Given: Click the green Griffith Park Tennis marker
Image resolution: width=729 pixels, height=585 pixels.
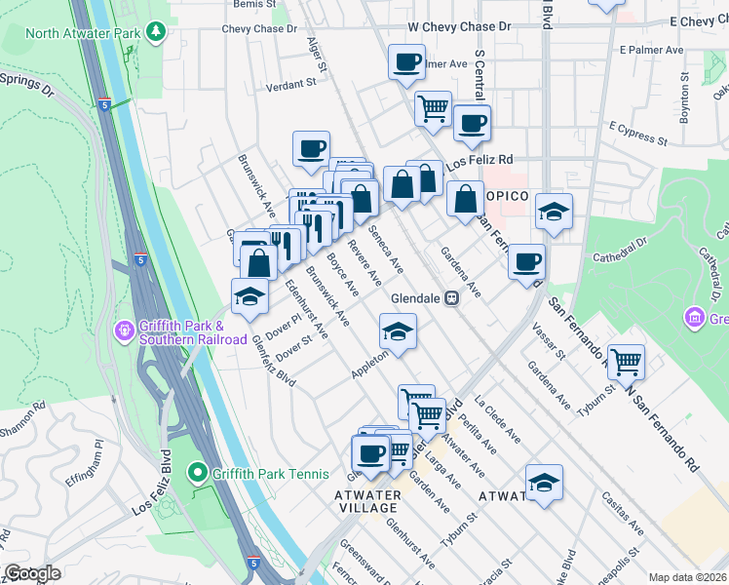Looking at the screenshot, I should [x=197, y=475].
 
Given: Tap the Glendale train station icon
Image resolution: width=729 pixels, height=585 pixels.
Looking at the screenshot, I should [x=452, y=298].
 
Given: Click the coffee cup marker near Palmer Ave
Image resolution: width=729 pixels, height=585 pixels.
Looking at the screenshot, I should [x=406, y=63].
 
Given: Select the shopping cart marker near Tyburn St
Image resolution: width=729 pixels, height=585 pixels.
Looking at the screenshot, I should [x=626, y=363].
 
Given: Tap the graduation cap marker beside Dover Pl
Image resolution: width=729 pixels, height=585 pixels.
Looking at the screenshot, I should [x=249, y=296].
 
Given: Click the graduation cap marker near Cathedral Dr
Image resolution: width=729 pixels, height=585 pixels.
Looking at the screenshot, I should [x=554, y=212].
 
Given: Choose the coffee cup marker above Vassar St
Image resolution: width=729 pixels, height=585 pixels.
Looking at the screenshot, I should [x=527, y=260].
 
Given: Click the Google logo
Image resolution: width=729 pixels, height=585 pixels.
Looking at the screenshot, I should [x=32, y=572].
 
